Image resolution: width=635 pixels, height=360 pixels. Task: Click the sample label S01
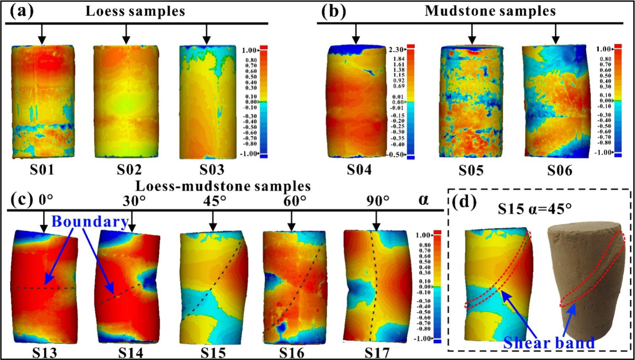click(42, 170)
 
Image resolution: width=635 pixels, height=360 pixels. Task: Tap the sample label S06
click(560, 170)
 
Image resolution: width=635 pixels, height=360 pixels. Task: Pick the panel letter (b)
click(334, 11)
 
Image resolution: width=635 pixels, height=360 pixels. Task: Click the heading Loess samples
click(135, 11)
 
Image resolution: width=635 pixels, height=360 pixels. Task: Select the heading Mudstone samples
click(490, 11)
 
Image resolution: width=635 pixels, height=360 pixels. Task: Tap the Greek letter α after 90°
click(423, 200)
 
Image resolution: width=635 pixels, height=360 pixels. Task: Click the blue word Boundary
click(90, 221)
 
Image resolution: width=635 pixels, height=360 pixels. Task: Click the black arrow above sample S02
click(125, 34)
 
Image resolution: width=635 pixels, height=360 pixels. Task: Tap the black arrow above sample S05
click(472, 34)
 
